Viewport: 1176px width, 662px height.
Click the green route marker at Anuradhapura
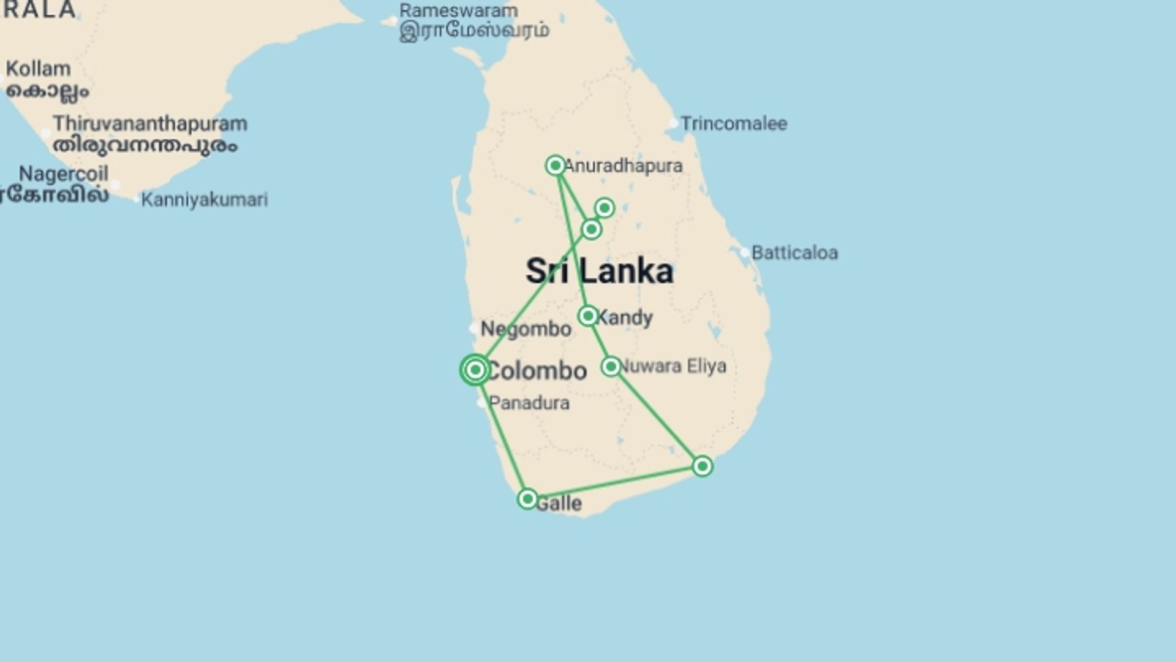click(556, 165)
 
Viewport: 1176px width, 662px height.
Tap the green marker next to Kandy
click(588, 316)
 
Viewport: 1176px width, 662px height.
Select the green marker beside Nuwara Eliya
click(611, 367)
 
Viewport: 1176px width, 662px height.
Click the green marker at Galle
click(527, 499)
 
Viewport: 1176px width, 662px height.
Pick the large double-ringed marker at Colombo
click(475, 370)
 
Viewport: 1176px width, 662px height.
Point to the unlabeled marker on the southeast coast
click(703, 466)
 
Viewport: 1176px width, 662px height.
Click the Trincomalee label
click(734, 124)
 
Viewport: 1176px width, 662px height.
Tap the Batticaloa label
click(794, 253)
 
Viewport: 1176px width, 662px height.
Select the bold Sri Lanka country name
click(600, 272)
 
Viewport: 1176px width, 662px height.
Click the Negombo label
click(526, 329)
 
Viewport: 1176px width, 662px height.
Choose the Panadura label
click(529, 403)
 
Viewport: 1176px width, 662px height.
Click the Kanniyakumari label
click(204, 200)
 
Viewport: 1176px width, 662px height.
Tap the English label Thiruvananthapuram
click(150, 123)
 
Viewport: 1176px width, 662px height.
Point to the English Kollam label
click(39, 69)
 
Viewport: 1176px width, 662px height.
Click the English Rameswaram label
click(458, 10)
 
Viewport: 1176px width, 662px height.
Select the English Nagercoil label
click(64, 174)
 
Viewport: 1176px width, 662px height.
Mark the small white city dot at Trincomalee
click(673, 123)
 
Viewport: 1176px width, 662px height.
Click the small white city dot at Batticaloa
click(744, 252)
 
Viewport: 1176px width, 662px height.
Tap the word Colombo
click(537, 371)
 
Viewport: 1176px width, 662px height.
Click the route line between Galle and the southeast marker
click(615, 483)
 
